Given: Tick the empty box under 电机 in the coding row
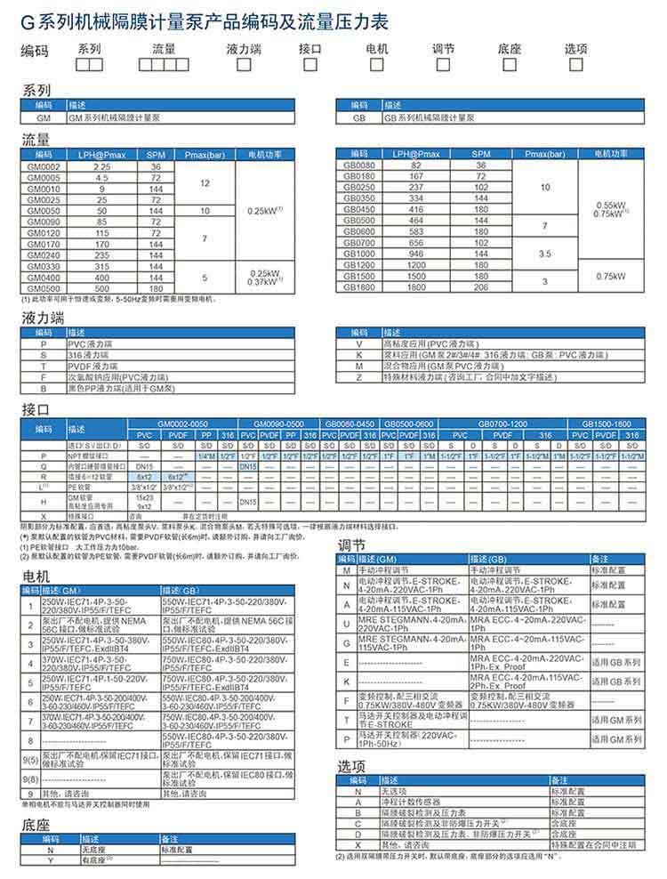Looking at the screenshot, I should (x=376, y=65).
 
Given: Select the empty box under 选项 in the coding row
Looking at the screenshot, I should (x=575, y=65).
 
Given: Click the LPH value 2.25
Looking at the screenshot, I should (x=101, y=167).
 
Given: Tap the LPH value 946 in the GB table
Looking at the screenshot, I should (x=415, y=253).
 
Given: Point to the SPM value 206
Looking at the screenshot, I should (x=481, y=287).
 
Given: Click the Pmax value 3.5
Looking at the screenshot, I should (x=545, y=254).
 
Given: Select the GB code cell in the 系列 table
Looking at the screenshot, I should (x=358, y=117).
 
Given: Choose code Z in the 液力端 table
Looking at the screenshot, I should (x=358, y=377).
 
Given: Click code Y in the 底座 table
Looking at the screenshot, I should (x=51, y=861).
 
